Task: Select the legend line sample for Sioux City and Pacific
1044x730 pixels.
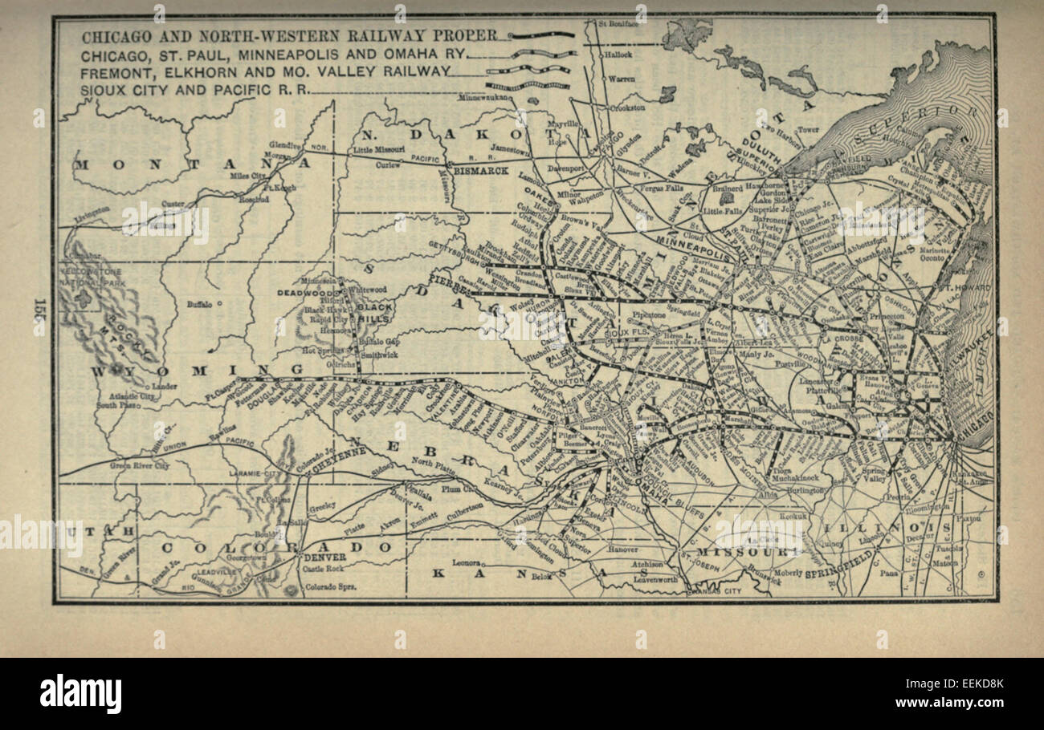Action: [x=526, y=85]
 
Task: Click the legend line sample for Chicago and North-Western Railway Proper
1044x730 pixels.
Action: [x=544, y=35]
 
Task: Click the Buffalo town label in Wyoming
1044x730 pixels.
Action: [x=200, y=304]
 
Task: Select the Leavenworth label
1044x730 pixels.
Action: [x=652, y=579]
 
